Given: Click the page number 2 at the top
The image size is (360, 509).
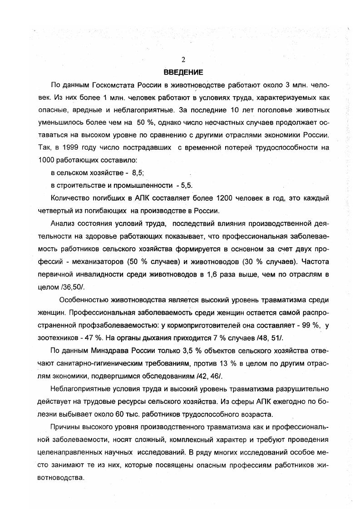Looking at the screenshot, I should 183,59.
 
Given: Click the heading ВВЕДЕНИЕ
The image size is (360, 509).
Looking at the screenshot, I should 183,72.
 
